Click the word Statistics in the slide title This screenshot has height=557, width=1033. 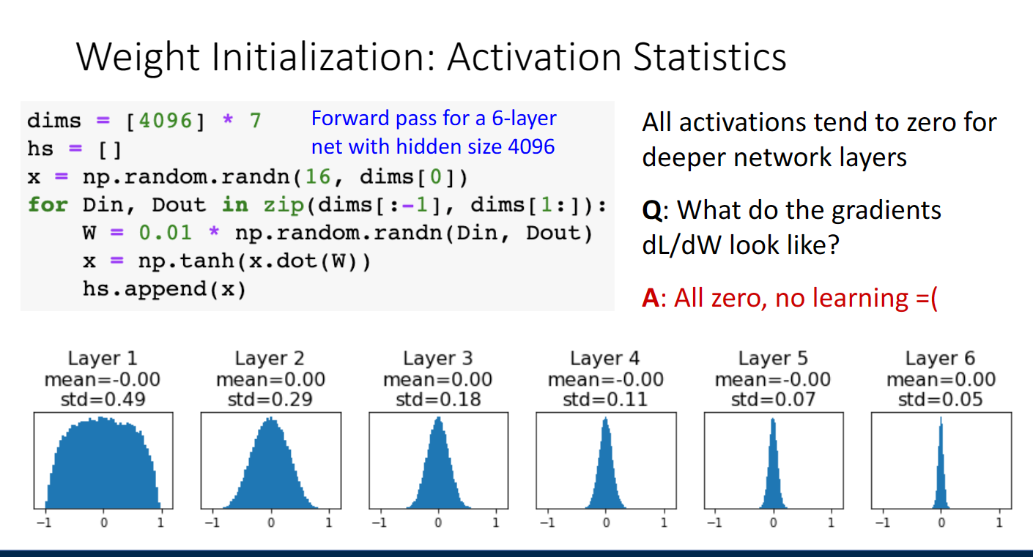[x=709, y=56]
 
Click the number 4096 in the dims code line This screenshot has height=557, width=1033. [x=166, y=122]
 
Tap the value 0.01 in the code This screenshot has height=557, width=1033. [x=166, y=233]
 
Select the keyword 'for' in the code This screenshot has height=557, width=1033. [x=48, y=205]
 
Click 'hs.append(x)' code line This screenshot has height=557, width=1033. [x=164, y=289]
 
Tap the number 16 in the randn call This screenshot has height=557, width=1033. [x=318, y=177]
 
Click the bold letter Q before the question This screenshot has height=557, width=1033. [x=652, y=211]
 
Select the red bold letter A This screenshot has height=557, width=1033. [x=651, y=298]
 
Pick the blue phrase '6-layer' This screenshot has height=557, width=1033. [x=524, y=119]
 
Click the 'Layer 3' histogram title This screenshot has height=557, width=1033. [x=438, y=358]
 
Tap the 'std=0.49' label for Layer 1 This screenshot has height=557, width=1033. [x=103, y=400]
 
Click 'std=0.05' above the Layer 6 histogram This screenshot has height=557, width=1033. [x=940, y=400]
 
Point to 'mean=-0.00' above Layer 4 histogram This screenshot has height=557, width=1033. [x=605, y=379]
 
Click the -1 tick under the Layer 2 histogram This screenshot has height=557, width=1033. [x=212, y=523]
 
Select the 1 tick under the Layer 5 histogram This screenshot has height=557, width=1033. [x=831, y=523]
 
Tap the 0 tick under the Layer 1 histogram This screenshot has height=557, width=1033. [x=104, y=523]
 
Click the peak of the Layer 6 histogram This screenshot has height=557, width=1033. [x=941, y=417]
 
